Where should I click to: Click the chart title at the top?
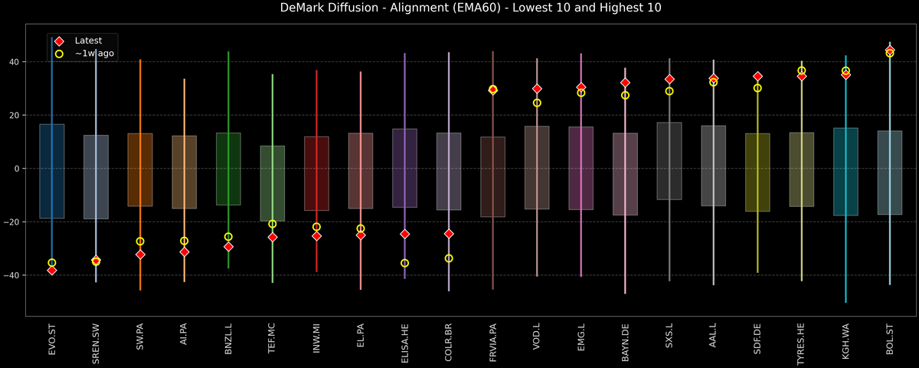[459, 8]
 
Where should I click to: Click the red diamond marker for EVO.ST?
[52, 270]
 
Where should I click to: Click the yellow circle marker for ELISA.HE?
[404, 263]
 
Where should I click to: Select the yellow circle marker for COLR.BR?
[449, 258]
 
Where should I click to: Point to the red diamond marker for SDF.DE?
[757, 77]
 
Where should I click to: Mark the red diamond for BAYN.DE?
[625, 83]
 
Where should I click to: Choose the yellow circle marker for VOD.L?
[537, 103]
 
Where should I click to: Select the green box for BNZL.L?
[228, 169]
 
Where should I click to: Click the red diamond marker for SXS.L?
[669, 79]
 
